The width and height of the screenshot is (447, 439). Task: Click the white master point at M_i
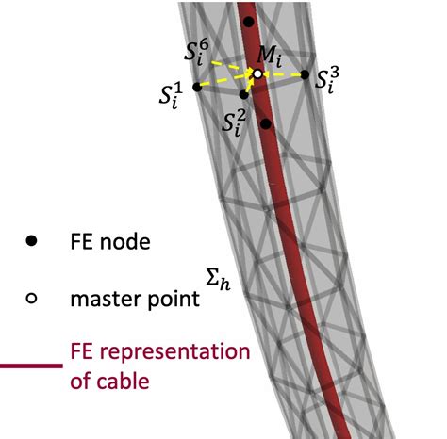tap(257, 73)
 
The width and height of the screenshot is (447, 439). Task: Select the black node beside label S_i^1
tap(197, 87)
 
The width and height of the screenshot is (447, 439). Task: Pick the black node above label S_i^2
tap(244, 94)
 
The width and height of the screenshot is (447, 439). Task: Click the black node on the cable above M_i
tap(248, 21)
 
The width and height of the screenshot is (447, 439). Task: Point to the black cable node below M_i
tap(267, 123)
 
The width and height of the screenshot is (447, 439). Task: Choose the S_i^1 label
tap(172, 96)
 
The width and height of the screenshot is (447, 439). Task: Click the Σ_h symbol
tap(217, 277)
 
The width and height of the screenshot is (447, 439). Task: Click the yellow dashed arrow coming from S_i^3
tap(285, 74)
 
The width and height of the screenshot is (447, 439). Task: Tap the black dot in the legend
tap(31, 242)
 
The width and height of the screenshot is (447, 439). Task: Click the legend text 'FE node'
tap(109, 242)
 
